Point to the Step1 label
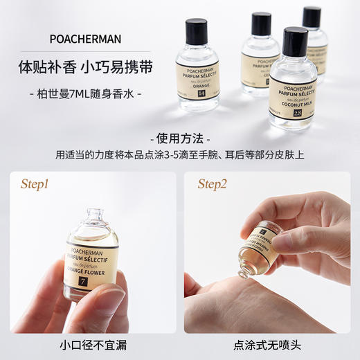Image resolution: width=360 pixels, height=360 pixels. (39, 184)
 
